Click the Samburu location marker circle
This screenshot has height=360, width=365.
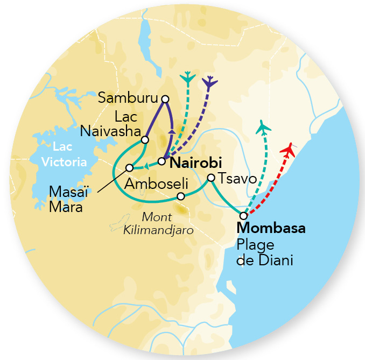[x=165, y=98]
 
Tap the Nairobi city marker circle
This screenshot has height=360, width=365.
[x=161, y=161]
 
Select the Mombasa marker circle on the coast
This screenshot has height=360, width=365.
[x=243, y=216]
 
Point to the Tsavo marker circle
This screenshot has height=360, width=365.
[x=211, y=178]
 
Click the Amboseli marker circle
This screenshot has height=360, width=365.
[x=181, y=196]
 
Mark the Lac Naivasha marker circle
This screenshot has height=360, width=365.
[x=144, y=140]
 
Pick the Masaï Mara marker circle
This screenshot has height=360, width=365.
[x=129, y=167]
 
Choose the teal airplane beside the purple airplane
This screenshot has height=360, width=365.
[x=187, y=77]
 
